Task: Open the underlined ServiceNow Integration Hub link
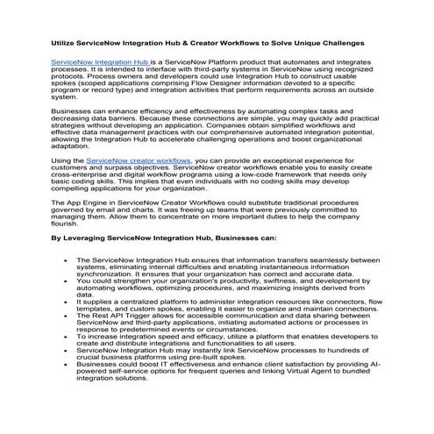[99, 64]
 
